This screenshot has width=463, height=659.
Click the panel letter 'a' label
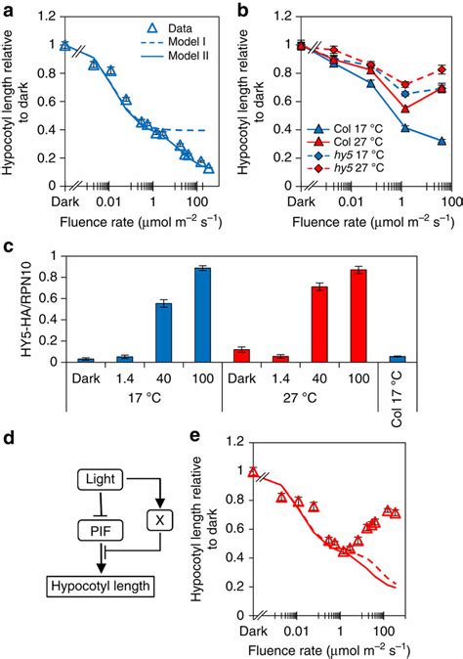pyautogui.click(x=8, y=9)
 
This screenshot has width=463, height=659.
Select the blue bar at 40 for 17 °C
pyautogui.click(x=163, y=331)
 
